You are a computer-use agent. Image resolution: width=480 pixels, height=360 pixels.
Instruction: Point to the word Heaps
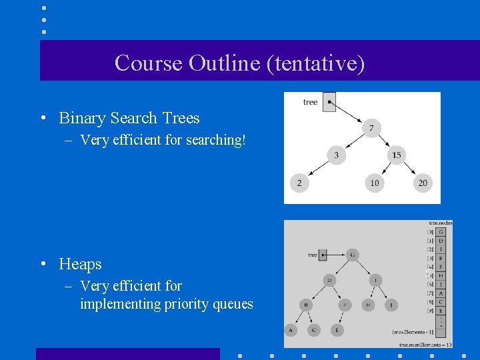point(80,264)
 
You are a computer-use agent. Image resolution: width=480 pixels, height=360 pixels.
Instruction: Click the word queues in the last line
point(233,304)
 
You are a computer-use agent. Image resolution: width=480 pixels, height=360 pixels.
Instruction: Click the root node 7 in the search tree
point(372,127)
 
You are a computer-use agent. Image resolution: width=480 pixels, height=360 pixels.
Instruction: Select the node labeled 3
point(337,155)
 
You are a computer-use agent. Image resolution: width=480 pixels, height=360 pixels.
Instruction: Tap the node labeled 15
point(396,155)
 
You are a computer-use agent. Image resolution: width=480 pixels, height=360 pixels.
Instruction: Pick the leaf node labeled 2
point(299,183)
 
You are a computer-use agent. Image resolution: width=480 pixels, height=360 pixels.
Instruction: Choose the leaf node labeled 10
point(374,183)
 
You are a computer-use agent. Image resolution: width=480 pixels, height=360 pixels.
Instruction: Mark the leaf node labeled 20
point(423,183)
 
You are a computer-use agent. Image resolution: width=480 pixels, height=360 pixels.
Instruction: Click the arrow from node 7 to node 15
point(385,141)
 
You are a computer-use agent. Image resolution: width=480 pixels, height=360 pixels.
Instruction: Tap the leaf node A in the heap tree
point(291,329)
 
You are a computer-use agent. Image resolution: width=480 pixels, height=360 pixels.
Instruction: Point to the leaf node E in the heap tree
point(337,329)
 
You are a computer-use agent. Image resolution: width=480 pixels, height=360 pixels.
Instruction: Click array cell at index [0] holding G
point(441,231)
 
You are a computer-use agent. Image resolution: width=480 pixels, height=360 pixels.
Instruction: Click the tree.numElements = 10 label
point(426,344)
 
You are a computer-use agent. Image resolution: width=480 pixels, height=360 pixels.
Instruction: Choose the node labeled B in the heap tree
point(305,305)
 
